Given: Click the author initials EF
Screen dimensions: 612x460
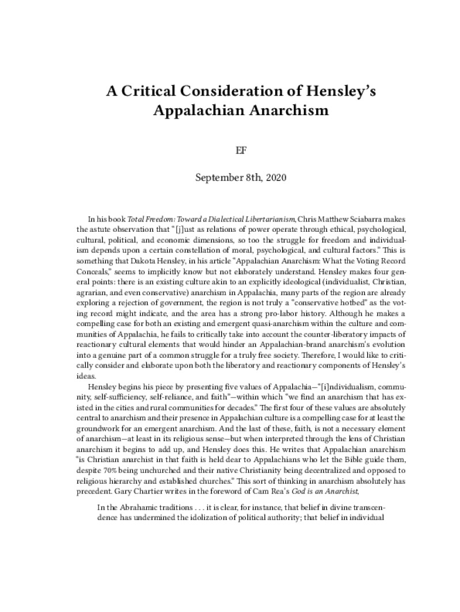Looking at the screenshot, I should point(230,150).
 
